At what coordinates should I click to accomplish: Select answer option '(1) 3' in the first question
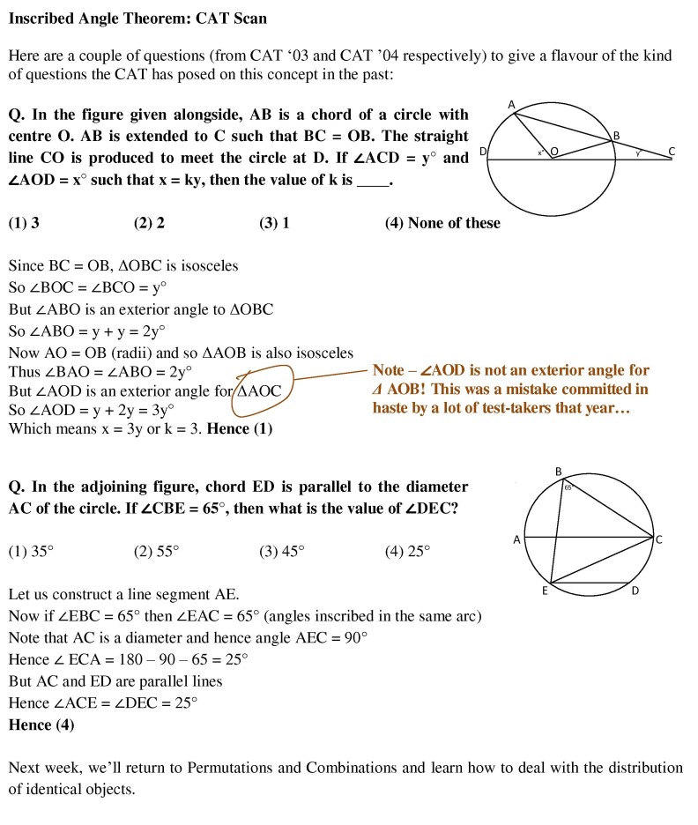click(24, 223)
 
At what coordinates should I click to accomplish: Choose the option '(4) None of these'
click(442, 223)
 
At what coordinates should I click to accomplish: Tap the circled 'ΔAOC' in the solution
click(261, 390)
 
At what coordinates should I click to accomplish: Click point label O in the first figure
click(554, 152)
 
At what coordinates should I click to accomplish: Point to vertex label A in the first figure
click(511, 105)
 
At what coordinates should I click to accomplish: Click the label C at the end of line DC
click(672, 151)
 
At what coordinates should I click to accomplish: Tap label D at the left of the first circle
click(483, 152)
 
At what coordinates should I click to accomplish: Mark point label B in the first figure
click(617, 135)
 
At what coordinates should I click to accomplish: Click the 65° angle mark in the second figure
click(568, 487)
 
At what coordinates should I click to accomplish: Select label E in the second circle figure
click(545, 591)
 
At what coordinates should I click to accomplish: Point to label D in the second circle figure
click(635, 591)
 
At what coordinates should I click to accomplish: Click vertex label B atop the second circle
click(559, 472)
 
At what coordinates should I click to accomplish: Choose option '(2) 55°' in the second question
click(156, 551)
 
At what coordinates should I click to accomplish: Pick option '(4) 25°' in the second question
click(407, 551)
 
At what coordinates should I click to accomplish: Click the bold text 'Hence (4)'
click(41, 725)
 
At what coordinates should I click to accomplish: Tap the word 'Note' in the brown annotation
click(389, 371)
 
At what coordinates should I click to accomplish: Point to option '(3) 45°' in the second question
click(282, 551)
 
